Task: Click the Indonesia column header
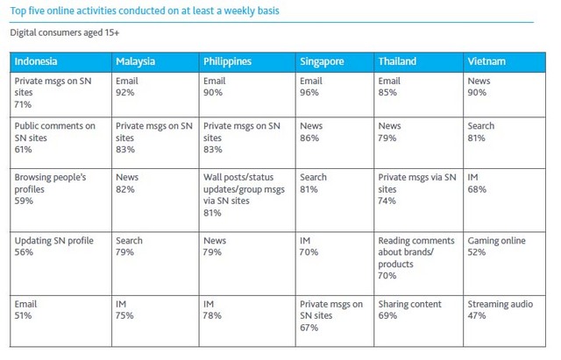pyautogui.click(x=36, y=62)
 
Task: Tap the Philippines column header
pyautogui.click(x=227, y=62)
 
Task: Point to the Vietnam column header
pyautogui.click(x=486, y=62)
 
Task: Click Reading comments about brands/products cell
pyautogui.click(x=416, y=252)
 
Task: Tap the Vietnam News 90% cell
pyautogui.click(x=480, y=85)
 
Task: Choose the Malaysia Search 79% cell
pyautogui.click(x=129, y=246)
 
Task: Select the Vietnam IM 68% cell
pyautogui.click(x=478, y=181)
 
